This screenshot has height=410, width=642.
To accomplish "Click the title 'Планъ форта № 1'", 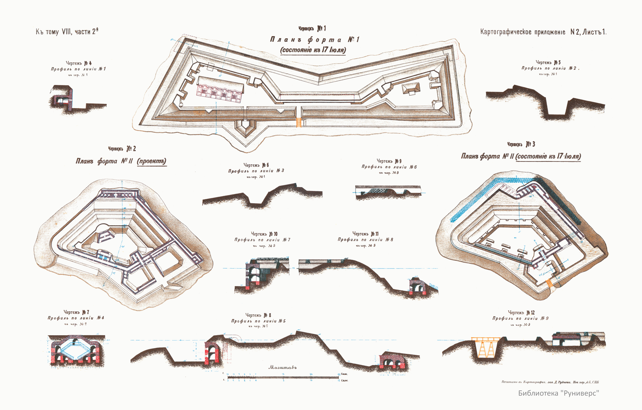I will (315, 40).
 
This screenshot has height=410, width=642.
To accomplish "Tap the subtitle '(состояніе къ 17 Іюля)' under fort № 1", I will (313, 50).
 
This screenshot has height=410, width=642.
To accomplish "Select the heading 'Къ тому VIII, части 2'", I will (67, 32).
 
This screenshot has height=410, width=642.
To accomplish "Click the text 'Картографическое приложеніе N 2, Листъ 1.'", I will (543, 32).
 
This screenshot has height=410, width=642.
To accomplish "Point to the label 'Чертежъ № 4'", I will (79, 63).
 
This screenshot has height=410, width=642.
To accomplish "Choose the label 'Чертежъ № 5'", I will (548, 62).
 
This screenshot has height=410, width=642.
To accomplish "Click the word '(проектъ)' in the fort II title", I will (151, 161).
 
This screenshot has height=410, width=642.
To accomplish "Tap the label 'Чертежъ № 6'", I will (256, 165).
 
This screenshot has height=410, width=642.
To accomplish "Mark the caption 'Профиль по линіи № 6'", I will (389, 167).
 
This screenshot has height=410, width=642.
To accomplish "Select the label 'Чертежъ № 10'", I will (264, 234).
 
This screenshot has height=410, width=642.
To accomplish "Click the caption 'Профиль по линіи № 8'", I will (365, 240).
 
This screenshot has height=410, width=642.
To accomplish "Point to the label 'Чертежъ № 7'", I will (76, 312).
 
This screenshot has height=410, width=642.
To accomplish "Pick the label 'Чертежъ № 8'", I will (258, 315).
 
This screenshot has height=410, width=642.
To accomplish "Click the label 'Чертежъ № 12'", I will (521, 312).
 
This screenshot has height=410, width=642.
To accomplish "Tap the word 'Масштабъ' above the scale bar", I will (283, 368).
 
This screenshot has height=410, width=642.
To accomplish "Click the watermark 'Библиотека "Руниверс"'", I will (559, 393).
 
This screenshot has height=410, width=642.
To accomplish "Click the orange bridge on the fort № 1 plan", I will (299, 122).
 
